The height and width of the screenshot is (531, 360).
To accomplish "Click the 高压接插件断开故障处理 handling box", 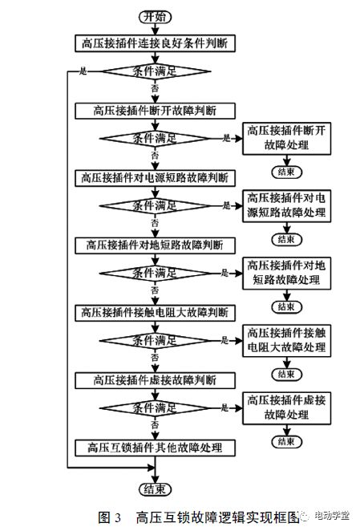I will (285, 138).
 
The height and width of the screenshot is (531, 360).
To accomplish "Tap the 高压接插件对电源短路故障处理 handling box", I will (285, 205).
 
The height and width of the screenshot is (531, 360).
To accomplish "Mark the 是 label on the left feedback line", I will (82, 71).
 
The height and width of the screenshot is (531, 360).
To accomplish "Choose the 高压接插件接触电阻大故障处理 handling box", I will (285, 339).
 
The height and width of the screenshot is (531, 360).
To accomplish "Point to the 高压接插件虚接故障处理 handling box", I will (285, 406).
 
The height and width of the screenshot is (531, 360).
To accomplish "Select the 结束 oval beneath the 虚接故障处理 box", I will (285, 440).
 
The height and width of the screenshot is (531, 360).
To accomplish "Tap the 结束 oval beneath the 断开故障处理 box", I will (285, 172).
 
